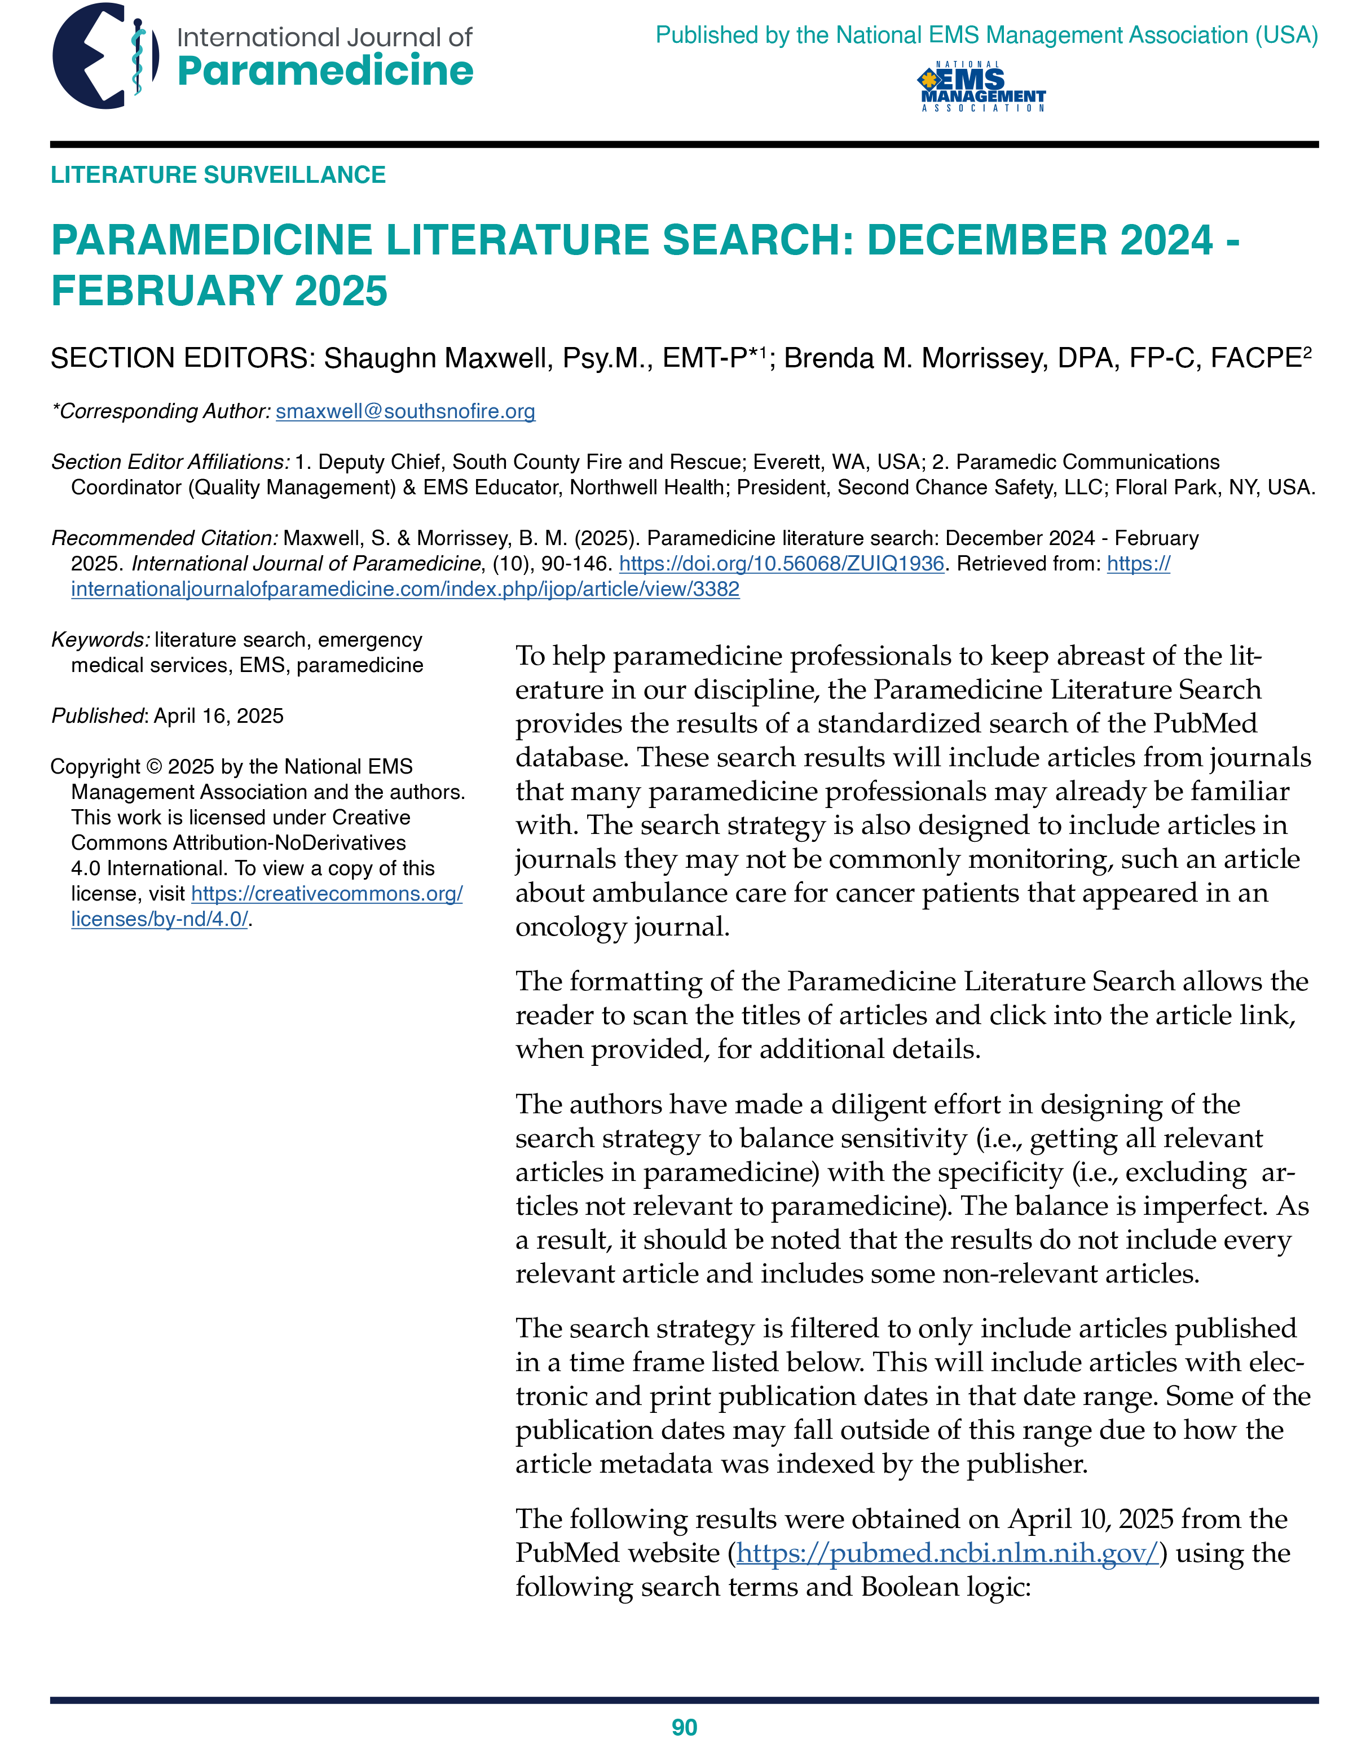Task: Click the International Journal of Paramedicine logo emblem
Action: tap(104, 56)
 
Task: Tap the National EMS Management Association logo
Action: tap(982, 87)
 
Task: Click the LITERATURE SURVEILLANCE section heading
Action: tap(218, 175)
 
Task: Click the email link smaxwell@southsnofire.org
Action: tap(405, 411)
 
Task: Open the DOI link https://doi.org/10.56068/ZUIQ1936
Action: tap(781, 564)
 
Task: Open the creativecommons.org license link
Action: tap(327, 894)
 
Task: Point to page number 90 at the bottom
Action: tap(684, 1727)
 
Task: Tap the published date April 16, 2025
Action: tap(218, 715)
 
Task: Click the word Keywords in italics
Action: tap(99, 639)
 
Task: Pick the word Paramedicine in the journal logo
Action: tap(325, 71)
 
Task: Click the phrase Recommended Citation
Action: tap(165, 538)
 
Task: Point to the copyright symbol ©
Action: tap(154, 767)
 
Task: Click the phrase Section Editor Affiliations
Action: tap(170, 462)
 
